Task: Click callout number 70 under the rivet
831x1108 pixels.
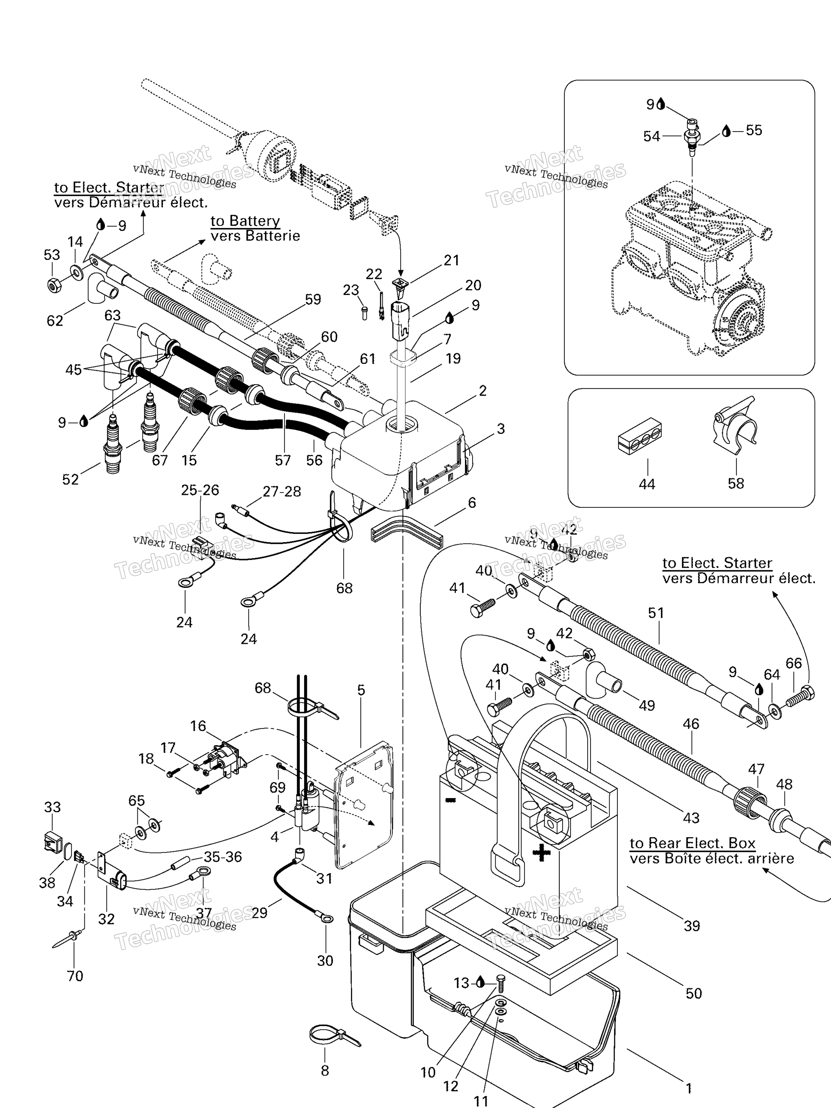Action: tap(75, 976)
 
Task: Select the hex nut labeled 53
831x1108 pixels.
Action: tap(54, 285)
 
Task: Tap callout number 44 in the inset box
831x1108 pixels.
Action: tap(647, 484)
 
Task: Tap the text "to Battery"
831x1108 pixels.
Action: tap(245, 221)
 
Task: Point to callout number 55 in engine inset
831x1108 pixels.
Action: tap(753, 130)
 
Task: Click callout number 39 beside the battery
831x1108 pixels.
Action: tap(692, 925)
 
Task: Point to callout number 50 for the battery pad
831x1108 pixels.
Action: tap(693, 993)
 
